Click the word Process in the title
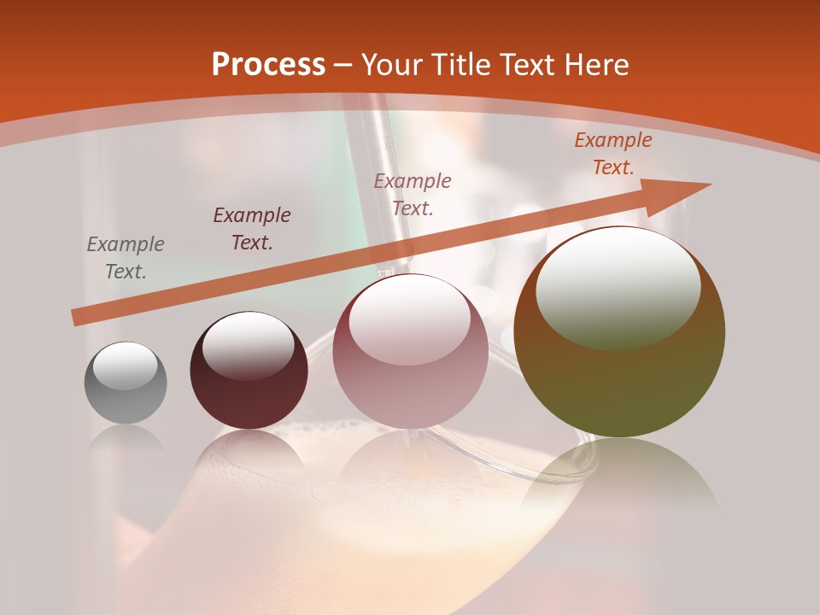click(x=268, y=65)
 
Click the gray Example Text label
click(x=126, y=258)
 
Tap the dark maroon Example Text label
click(x=252, y=229)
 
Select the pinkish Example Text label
click(x=413, y=194)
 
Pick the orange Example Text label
click(x=613, y=154)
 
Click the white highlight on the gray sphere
click(x=125, y=366)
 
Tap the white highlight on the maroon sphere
click(x=248, y=345)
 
